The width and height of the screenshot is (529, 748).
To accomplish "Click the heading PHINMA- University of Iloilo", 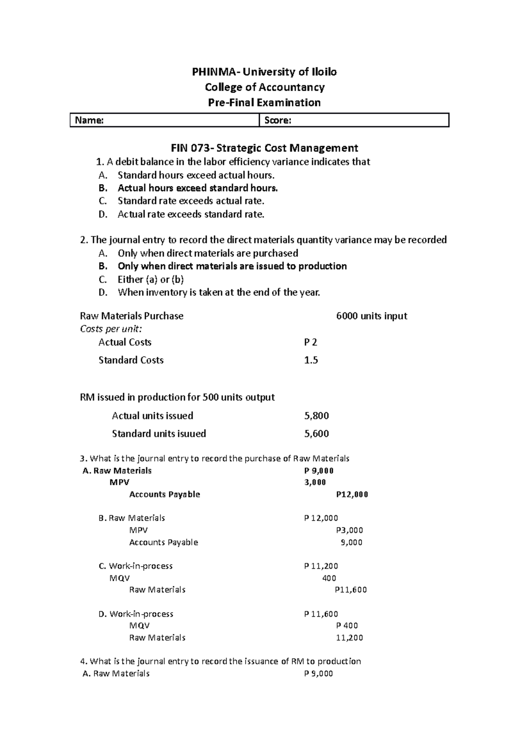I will point(264,72).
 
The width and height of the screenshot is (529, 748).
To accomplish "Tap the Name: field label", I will point(89,120).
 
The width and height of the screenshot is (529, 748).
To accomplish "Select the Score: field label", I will point(277,120).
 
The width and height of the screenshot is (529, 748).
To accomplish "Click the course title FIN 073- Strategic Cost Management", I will point(264,148).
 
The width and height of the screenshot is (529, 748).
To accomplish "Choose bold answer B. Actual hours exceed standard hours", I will point(197,188).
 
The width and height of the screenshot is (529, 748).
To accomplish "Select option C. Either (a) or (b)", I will point(150,279).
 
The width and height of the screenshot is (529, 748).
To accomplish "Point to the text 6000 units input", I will point(371,316).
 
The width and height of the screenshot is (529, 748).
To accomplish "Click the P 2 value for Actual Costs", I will point(310,342).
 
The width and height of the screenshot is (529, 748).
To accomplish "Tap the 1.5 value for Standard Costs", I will point(311,360).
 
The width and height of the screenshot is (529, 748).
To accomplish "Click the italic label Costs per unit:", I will point(111,329).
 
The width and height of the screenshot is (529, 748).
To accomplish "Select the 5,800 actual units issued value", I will point(317,416).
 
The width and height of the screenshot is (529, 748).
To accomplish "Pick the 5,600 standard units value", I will point(317,434).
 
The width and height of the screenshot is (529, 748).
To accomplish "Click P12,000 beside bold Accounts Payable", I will point(352,494).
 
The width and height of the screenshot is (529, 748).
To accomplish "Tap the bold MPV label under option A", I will point(119,482).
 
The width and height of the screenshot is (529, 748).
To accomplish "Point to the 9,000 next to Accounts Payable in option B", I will point(351,542).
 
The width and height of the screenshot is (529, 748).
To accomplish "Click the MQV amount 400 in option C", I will point(329,578).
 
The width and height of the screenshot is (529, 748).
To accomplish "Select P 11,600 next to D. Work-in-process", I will point(321,614).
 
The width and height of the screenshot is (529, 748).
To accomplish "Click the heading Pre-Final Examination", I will point(264,103).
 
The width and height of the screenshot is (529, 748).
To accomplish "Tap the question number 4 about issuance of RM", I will point(83,661).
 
